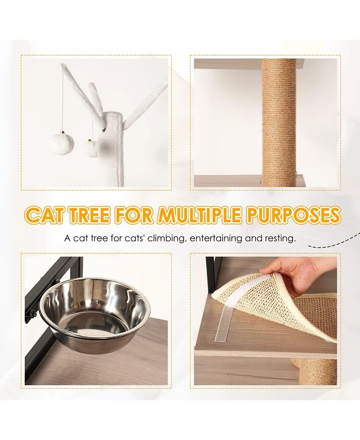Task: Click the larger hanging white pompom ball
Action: (62, 144)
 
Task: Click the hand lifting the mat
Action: (292, 272)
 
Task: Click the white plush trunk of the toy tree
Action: (112, 153)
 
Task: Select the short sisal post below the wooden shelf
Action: (317, 372)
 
